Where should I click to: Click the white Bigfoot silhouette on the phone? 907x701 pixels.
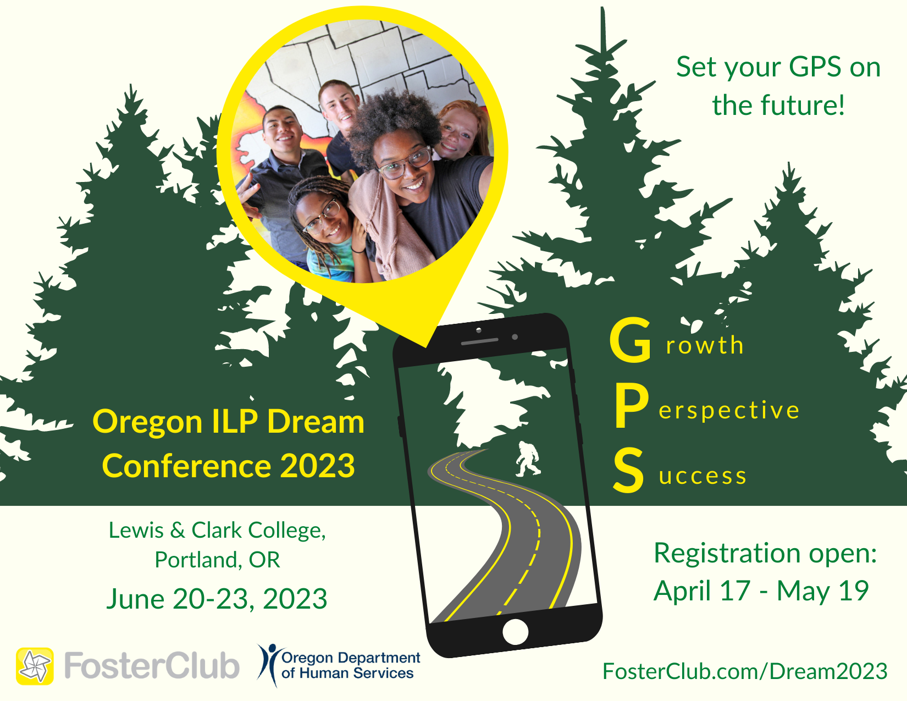[x=528, y=459]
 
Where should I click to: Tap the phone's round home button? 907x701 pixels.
[x=516, y=632]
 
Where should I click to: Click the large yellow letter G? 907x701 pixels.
[x=631, y=339]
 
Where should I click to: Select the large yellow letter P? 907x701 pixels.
[x=632, y=406]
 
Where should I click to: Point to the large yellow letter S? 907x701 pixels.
[x=628, y=470]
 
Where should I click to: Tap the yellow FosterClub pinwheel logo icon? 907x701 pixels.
[x=35, y=666]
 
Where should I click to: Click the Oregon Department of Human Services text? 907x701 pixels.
[x=351, y=665]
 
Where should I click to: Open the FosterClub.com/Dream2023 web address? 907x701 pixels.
[x=745, y=671]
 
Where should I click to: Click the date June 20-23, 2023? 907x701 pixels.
[x=217, y=599]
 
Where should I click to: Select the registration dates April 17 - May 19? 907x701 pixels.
[x=761, y=591]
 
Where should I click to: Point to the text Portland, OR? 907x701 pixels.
[x=218, y=560]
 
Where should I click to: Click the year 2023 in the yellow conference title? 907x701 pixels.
[x=317, y=466]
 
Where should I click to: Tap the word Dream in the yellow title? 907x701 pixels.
[x=316, y=422]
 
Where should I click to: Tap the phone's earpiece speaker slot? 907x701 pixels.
[x=479, y=341]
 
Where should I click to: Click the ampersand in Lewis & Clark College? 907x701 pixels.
[x=178, y=530]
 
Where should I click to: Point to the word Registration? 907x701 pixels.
[x=727, y=553]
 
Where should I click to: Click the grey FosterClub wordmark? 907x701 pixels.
[x=152, y=665]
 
